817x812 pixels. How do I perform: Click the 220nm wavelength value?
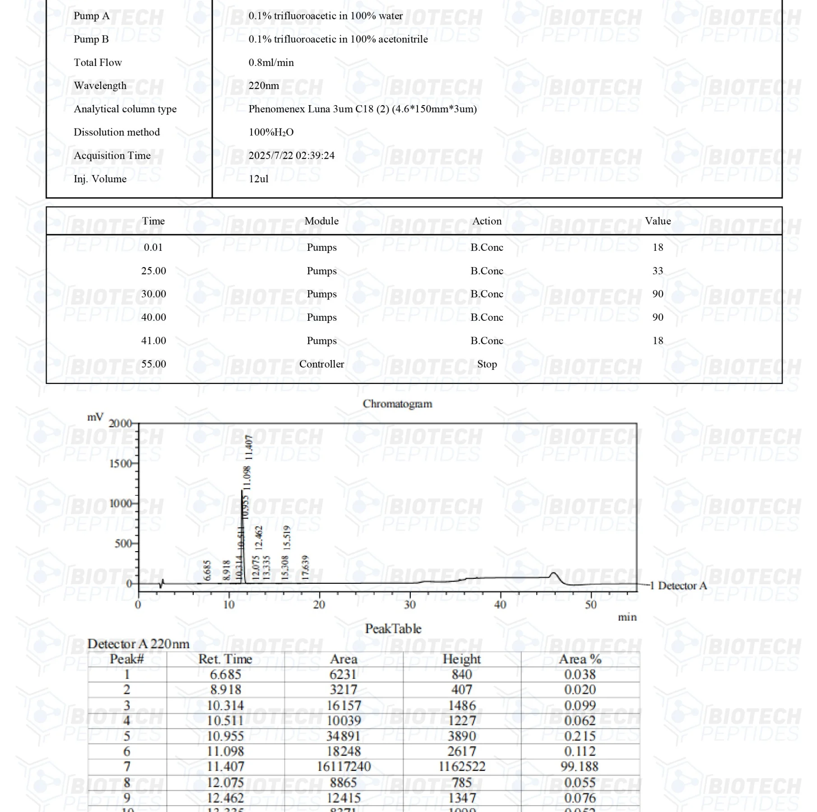[x=264, y=86]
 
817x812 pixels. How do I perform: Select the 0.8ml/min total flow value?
[x=271, y=62]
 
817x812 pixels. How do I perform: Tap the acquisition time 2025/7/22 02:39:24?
[x=292, y=156]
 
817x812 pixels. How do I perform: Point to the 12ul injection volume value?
[x=258, y=179]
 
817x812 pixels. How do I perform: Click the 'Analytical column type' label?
[x=125, y=109]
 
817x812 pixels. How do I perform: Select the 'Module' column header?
[x=321, y=221]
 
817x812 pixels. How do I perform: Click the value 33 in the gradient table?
[x=658, y=271]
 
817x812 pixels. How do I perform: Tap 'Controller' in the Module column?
[x=321, y=364]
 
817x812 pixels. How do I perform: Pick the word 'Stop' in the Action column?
[x=487, y=364]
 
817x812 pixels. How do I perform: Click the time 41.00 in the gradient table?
[x=153, y=341]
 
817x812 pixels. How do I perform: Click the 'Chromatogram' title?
[x=397, y=404]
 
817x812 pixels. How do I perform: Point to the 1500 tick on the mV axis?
[x=121, y=464]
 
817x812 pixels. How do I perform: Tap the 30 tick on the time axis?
[x=410, y=604]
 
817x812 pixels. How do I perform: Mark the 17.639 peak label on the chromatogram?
[x=306, y=567]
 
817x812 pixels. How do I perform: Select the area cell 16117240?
[x=344, y=766]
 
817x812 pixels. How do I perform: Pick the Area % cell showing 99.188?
[x=580, y=766]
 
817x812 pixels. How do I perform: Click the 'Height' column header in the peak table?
[x=461, y=659]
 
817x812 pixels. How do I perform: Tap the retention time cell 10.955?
[x=225, y=736]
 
